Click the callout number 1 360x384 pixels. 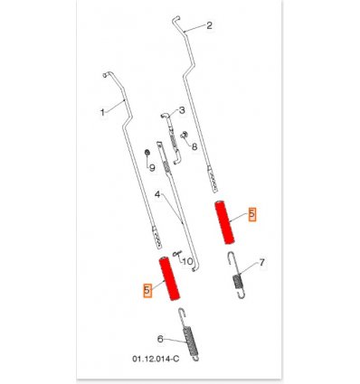pyautogui.click(x=102, y=113)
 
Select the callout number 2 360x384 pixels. pyautogui.click(x=209, y=25)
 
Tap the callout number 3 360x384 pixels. pyautogui.click(x=182, y=110)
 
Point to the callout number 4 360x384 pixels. pyautogui.click(x=157, y=194)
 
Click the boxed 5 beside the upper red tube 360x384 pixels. pyautogui.click(x=252, y=214)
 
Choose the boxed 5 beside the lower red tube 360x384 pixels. pyautogui.click(x=147, y=290)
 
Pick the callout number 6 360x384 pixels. pyautogui.click(x=160, y=339)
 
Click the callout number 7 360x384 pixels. pyautogui.click(x=261, y=263)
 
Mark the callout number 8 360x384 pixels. pyautogui.click(x=194, y=146)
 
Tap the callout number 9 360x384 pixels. pyautogui.click(x=152, y=168)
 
